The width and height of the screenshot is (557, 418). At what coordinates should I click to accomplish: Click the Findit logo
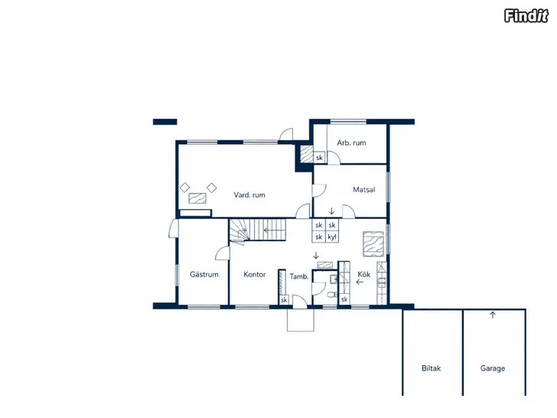coord(526,16)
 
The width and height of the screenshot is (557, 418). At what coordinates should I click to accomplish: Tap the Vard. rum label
coord(249,194)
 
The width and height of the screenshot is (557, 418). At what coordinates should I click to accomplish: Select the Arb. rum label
coord(351,143)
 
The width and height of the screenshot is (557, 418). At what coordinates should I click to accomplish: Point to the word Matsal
coord(363,189)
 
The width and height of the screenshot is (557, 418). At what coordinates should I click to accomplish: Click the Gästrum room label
coord(204,274)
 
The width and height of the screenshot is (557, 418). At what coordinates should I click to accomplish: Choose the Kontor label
coord(254,274)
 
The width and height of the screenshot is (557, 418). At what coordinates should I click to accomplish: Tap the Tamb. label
coord(298,276)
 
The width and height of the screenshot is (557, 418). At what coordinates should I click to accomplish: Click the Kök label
coord(363,274)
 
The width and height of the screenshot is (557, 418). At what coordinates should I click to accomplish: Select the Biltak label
coord(432,368)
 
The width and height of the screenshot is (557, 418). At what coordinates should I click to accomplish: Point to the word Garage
coord(493,368)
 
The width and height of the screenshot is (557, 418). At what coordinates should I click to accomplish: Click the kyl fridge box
coord(332,237)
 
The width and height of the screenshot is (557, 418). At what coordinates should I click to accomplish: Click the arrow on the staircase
coord(274,230)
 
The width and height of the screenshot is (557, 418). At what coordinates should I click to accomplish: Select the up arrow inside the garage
coord(493,315)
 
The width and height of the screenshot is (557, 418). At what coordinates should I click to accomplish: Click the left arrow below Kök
coord(360,282)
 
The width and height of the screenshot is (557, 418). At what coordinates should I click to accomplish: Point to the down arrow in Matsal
coord(331,211)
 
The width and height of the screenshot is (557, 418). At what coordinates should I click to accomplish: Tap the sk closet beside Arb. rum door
coord(319,158)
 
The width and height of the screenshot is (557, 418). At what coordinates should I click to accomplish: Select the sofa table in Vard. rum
coord(197,198)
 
